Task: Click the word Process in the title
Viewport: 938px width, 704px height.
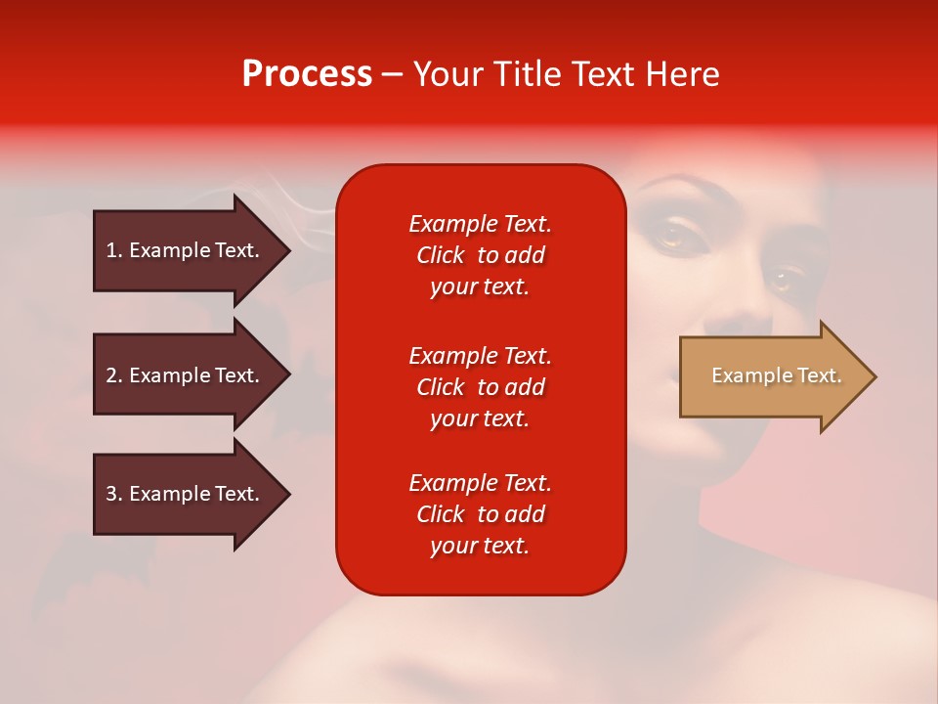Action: tap(307, 74)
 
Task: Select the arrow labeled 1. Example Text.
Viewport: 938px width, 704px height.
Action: tap(186, 250)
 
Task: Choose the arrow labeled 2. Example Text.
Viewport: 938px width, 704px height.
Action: tap(186, 375)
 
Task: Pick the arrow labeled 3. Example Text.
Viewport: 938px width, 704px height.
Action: tap(186, 494)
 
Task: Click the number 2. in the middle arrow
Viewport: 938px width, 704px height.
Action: tap(114, 375)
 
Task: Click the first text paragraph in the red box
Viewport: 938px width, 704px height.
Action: tap(480, 255)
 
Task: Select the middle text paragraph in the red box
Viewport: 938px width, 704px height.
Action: tap(480, 387)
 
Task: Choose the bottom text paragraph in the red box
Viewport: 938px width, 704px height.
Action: tap(480, 514)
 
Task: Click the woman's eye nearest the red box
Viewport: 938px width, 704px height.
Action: tap(670, 235)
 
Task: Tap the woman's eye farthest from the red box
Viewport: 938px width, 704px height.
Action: tap(783, 282)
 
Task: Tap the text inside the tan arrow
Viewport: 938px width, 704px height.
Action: tap(776, 375)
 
